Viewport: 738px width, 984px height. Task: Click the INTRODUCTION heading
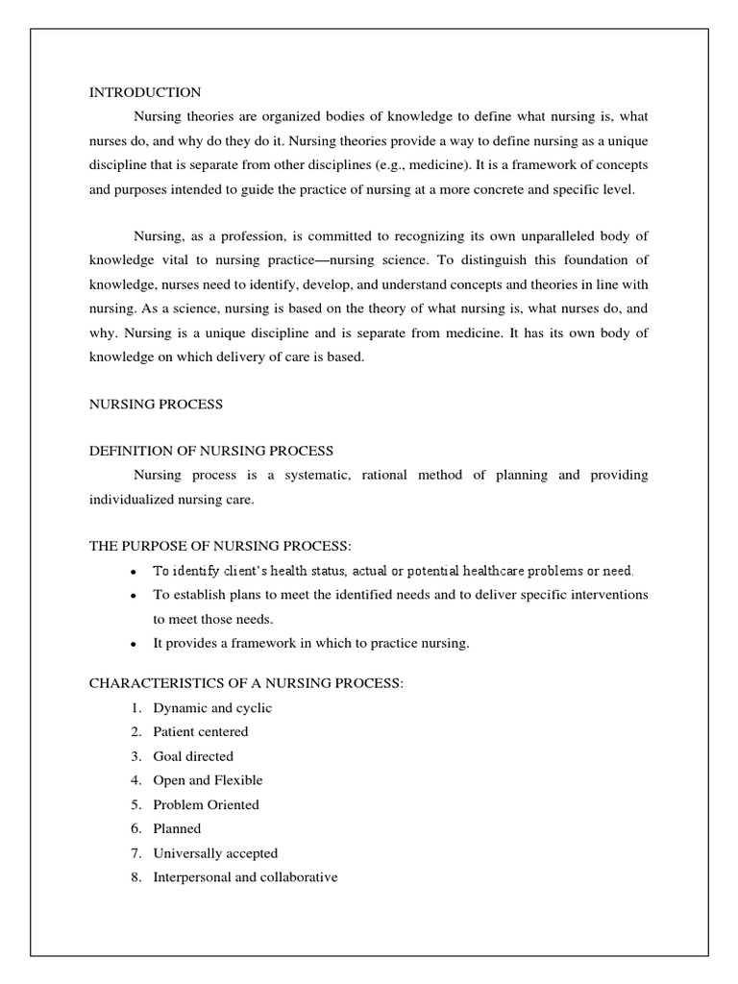(145, 92)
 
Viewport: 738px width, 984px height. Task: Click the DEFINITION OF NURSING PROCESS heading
(211, 451)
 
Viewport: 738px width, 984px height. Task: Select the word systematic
(288, 475)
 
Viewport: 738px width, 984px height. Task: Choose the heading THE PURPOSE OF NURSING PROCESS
(220, 546)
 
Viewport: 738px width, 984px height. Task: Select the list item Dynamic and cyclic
(212, 708)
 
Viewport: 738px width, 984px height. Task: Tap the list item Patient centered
(201, 732)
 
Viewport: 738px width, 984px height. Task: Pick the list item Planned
(177, 828)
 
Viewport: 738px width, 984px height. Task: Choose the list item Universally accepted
(215, 853)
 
